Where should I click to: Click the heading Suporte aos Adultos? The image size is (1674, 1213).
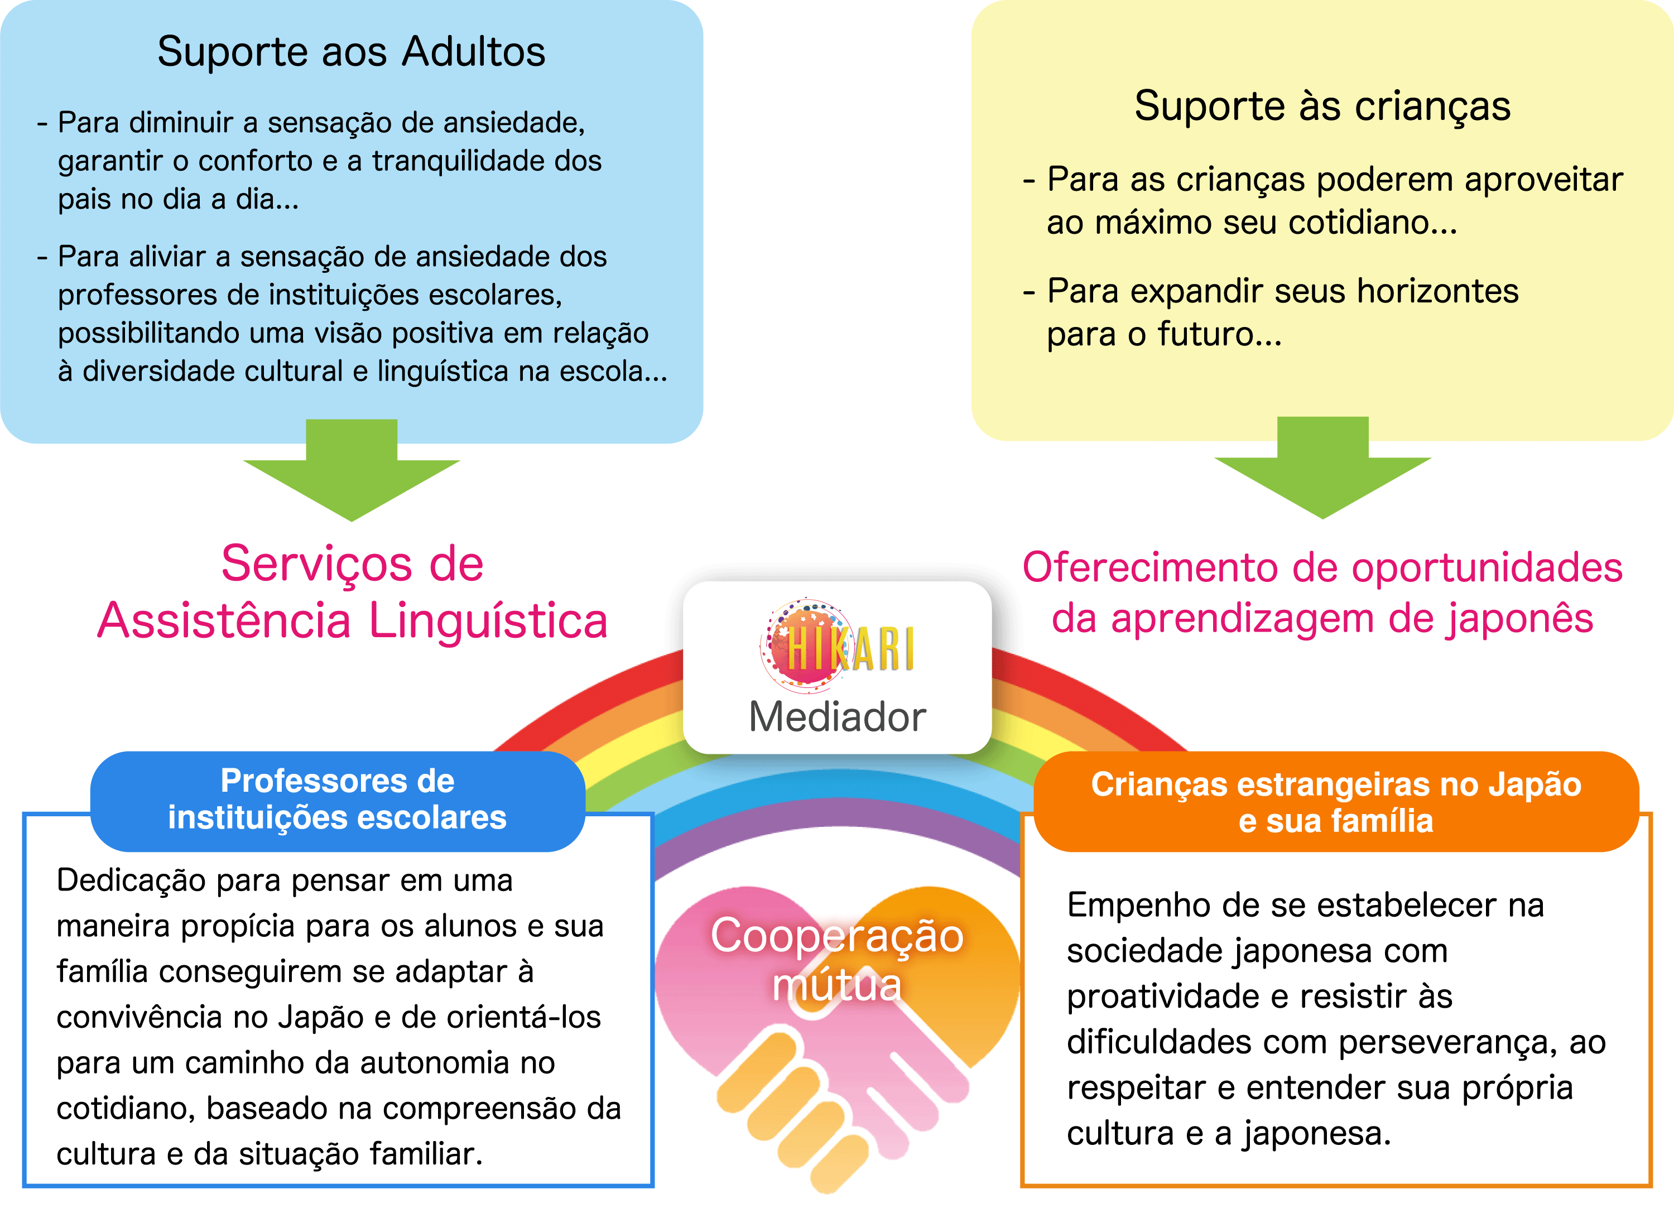click(352, 52)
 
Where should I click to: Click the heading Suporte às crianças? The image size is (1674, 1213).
click(1322, 106)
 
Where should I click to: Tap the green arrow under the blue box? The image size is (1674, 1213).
click(352, 472)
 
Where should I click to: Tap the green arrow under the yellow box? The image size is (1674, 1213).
click(1322, 470)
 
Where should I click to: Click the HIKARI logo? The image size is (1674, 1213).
click(838, 647)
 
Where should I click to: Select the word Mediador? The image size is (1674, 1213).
click(837, 717)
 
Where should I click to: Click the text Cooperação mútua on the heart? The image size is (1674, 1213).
click(837, 959)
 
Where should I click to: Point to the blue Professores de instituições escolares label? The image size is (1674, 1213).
click(337, 800)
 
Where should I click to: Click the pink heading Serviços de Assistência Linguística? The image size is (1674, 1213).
click(353, 593)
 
